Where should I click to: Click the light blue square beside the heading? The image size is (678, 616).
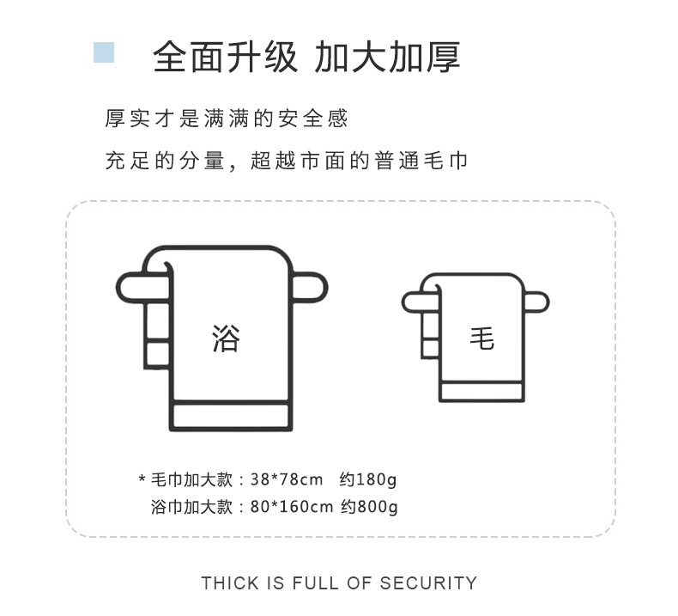[103, 52]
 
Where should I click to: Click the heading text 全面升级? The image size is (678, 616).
[225, 57]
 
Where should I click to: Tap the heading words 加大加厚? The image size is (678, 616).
[388, 57]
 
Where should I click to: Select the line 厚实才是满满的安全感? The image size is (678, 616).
[227, 119]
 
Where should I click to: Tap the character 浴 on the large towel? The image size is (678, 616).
[226, 338]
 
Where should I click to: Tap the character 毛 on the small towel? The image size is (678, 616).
[481, 338]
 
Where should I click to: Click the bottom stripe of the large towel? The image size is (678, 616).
[232, 417]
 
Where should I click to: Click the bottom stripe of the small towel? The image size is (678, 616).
[481, 392]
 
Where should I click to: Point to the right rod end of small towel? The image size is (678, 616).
[536, 302]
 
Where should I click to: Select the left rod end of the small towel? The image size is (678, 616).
[414, 302]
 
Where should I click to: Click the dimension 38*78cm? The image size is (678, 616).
[287, 479]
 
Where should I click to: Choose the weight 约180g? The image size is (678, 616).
[367, 479]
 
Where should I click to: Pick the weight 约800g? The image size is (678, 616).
[369, 507]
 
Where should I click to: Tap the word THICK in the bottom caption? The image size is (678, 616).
[230, 583]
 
